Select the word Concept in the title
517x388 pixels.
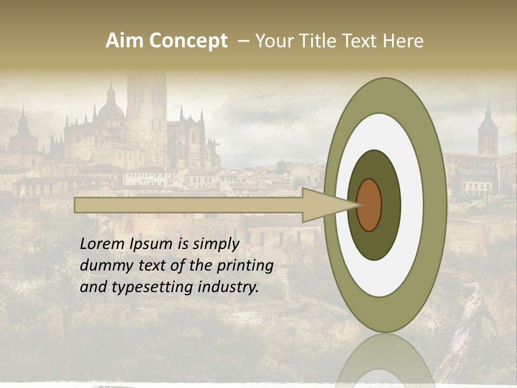pos(188,41)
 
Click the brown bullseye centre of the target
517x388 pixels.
pos(369,205)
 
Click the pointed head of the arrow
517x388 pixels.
pos(329,205)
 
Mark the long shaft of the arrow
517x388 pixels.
pos(188,205)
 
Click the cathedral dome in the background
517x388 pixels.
pos(111,108)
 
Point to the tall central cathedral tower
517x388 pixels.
pos(146,108)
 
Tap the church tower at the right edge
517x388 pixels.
pos(488,132)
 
